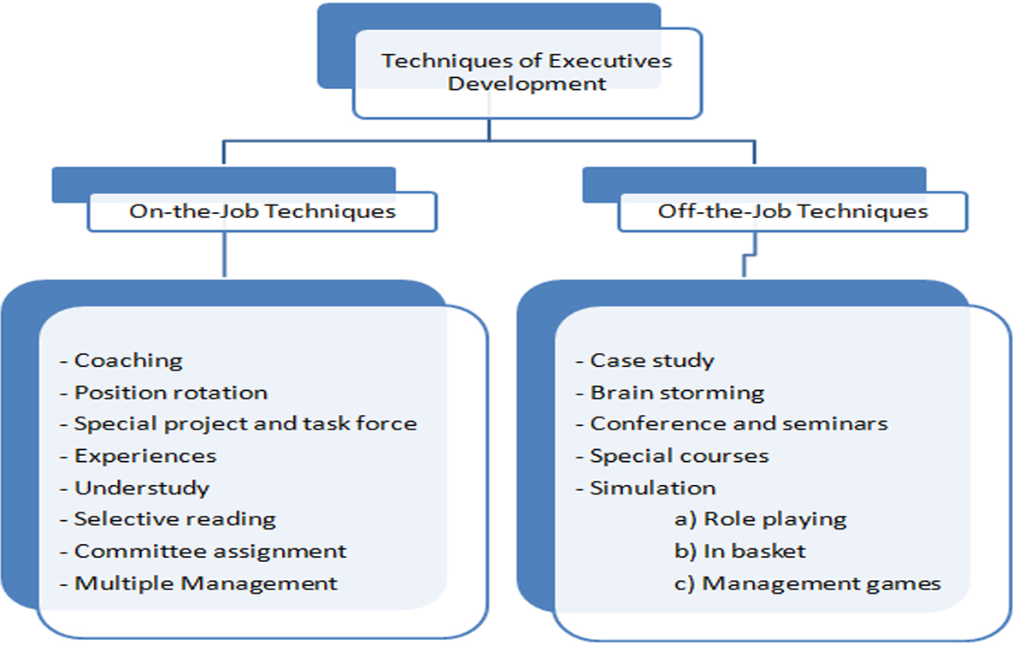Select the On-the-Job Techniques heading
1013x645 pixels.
pyautogui.click(x=262, y=211)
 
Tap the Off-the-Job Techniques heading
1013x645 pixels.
pyautogui.click(x=792, y=211)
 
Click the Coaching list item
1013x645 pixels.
pyautogui.click(x=128, y=360)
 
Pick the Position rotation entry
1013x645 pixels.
pyautogui.click(x=171, y=393)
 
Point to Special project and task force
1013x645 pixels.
pyautogui.click(x=245, y=423)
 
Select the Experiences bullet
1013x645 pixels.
pyautogui.click(x=145, y=456)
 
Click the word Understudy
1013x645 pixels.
pyautogui.click(x=142, y=488)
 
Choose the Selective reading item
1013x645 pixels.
pyautogui.click(x=174, y=519)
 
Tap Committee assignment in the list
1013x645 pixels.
pyautogui.click(x=210, y=551)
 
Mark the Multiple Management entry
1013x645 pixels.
pyautogui.click(x=206, y=583)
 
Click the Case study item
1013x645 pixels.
pyautogui.click(x=651, y=360)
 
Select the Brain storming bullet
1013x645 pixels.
pyautogui.click(x=677, y=393)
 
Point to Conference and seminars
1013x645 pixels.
pyautogui.click(x=739, y=423)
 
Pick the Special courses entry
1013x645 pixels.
pyautogui.click(x=679, y=456)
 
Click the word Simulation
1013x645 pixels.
pyautogui.click(x=653, y=488)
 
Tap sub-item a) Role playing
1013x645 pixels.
pyautogui.click(x=760, y=519)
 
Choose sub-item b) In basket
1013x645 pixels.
pyautogui.click(x=739, y=551)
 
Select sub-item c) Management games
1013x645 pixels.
pyautogui.click(x=807, y=583)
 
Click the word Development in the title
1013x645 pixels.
pyautogui.click(x=527, y=84)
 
